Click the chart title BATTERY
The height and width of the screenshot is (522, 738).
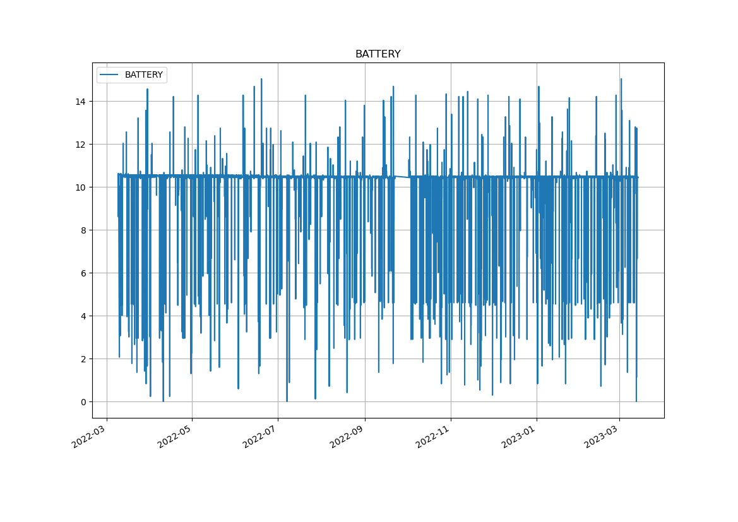(378, 54)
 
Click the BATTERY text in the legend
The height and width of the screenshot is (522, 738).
(143, 75)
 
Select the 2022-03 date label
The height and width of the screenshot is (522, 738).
(89, 436)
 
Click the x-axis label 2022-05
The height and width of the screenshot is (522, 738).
(175, 436)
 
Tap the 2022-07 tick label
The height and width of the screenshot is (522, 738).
(261, 436)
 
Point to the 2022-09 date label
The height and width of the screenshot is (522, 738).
(347, 436)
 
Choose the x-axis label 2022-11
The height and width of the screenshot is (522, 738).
(433, 436)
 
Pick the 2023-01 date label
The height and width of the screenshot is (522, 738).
(519, 436)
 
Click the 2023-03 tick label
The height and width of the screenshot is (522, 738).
(602, 436)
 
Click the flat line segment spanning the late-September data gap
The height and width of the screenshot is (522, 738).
(402, 177)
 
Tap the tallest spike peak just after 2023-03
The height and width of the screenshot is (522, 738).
(621, 79)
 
